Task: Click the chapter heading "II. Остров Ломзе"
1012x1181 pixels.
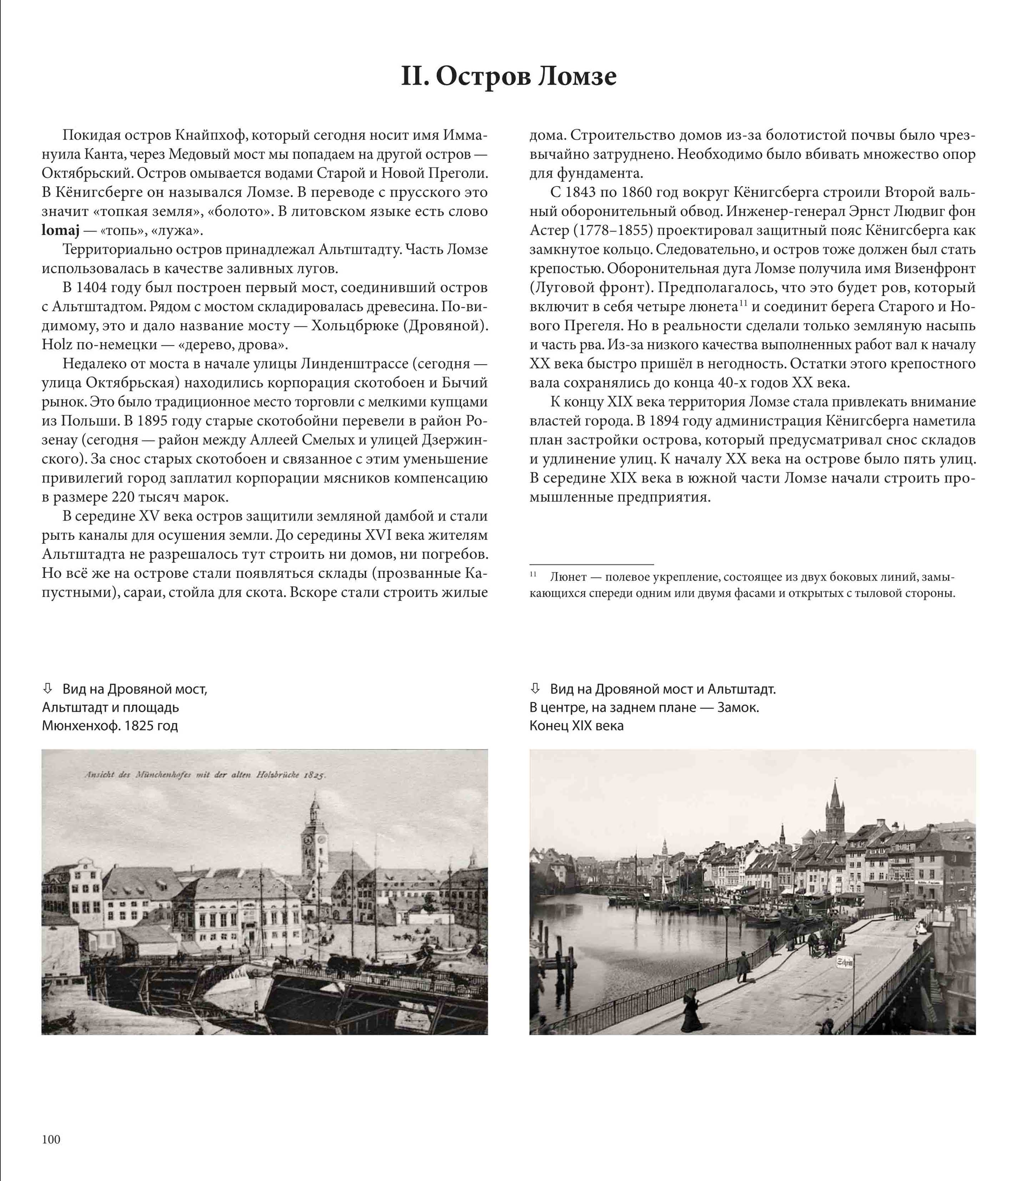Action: pos(508,76)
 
